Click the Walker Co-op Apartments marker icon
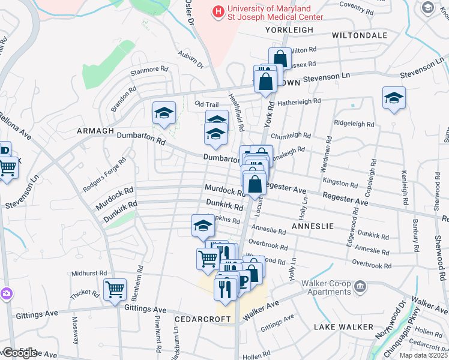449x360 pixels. [360, 285]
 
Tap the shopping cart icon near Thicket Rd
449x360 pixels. [115, 290]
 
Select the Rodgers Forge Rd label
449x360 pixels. [105, 175]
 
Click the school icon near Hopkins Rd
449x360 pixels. [203, 226]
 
